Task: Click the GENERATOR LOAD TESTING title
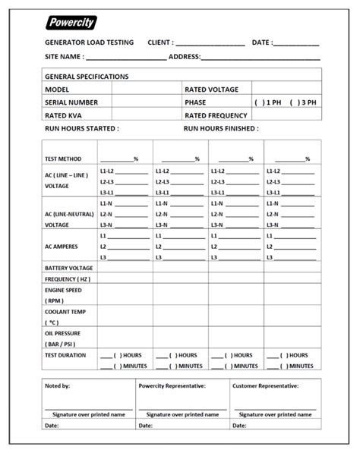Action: click(x=89, y=42)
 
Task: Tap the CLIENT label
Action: click(x=160, y=42)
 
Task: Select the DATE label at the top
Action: click(x=262, y=42)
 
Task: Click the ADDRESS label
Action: click(x=184, y=57)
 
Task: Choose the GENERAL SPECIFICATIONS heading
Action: click(x=87, y=77)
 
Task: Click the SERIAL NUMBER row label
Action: click(x=71, y=102)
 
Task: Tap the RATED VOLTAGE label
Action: click(x=211, y=90)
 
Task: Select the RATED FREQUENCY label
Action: click(x=216, y=115)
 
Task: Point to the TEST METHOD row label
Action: click(x=63, y=159)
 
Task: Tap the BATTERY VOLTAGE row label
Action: click(x=68, y=268)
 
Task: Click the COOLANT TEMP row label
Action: click(x=65, y=312)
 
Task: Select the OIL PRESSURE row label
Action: click(x=62, y=333)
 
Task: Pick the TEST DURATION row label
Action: click(x=65, y=355)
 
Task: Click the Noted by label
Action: click(x=58, y=386)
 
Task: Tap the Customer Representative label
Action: click(x=265, y=386)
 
